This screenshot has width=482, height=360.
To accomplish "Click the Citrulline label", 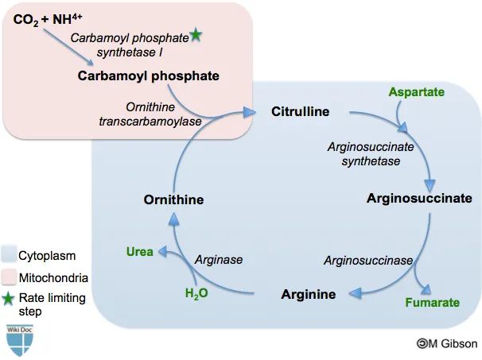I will pos(300,111).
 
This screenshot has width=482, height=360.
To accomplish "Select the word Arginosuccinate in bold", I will pos(419,198).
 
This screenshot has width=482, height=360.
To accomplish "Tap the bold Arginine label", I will pos(309,295).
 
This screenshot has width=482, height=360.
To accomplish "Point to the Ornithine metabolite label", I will pos(174,199).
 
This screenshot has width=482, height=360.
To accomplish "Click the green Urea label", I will pos(139,252).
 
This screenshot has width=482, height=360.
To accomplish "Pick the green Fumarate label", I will pos(433,302).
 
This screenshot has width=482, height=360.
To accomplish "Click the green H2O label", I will pos(196,294).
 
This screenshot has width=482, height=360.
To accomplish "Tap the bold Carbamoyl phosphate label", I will pos(148,76).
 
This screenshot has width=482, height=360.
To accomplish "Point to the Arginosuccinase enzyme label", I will pos(367,260).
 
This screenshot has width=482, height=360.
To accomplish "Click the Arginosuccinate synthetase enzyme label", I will pos(363,153).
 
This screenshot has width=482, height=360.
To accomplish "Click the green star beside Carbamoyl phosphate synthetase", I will pos(196,35).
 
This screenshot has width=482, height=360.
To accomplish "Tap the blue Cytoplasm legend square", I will pos(10,257).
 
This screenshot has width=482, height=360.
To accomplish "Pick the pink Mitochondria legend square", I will pos(10,278).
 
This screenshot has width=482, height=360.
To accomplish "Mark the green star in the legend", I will pos(10,299).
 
